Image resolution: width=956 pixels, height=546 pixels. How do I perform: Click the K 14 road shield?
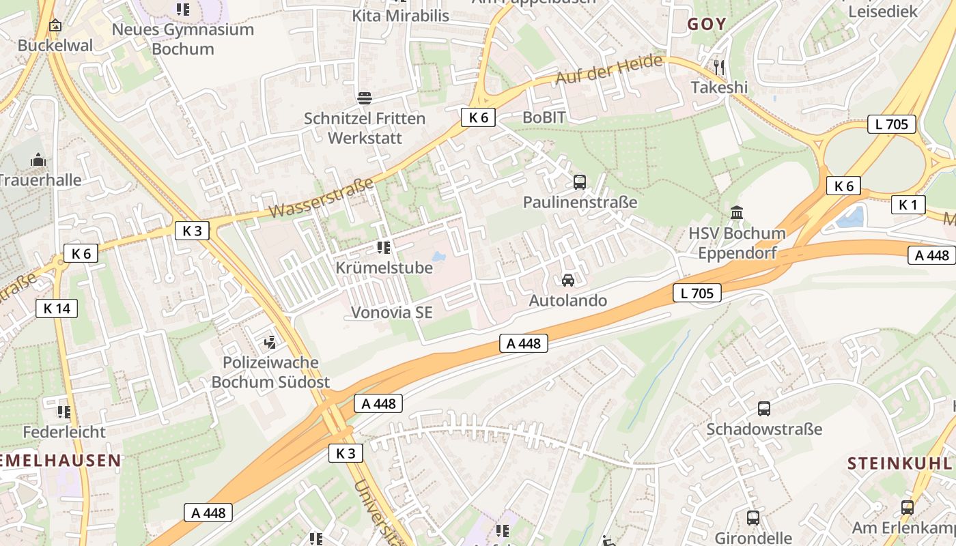click(x=57, y=308)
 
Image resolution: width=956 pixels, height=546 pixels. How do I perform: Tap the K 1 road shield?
click(x=908, y=205)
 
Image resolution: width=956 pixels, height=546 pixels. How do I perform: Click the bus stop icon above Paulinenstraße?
click(x=580, y=182)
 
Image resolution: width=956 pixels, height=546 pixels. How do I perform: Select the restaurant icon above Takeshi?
click(x=718, y=67)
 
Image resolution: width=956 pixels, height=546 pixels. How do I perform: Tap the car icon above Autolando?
click(x=567, y=281)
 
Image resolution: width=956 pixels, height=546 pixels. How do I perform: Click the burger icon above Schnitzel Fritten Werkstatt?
click(x=365, y=98)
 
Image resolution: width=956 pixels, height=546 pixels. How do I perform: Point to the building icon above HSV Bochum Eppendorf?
click(x=737, y=213)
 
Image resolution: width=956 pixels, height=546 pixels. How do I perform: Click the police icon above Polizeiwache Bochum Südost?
click(x=270, y=341)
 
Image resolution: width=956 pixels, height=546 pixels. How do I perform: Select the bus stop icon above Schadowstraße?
click(x=764, y=409)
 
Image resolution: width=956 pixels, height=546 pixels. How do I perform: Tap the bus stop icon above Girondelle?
click(x=753, y=518)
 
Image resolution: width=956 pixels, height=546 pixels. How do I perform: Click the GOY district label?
click(x=707, y=25)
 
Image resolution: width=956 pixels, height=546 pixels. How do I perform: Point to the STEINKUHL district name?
click(x=899, y=463)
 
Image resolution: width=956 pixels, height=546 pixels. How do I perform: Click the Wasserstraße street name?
click(x=321, y=198)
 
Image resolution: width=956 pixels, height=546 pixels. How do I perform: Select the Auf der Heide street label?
click(x=608, y=70)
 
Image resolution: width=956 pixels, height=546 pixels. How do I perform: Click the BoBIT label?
click(x=544, y=117)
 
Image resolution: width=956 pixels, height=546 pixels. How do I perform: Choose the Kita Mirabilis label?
click(x=401, y=15)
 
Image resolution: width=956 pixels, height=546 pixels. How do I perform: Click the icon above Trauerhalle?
click(x=38, y=160)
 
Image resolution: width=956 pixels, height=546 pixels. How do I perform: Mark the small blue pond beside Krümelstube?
click(x=438, y=257)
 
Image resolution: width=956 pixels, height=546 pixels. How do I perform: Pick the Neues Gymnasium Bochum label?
click(x=182, y=39)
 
